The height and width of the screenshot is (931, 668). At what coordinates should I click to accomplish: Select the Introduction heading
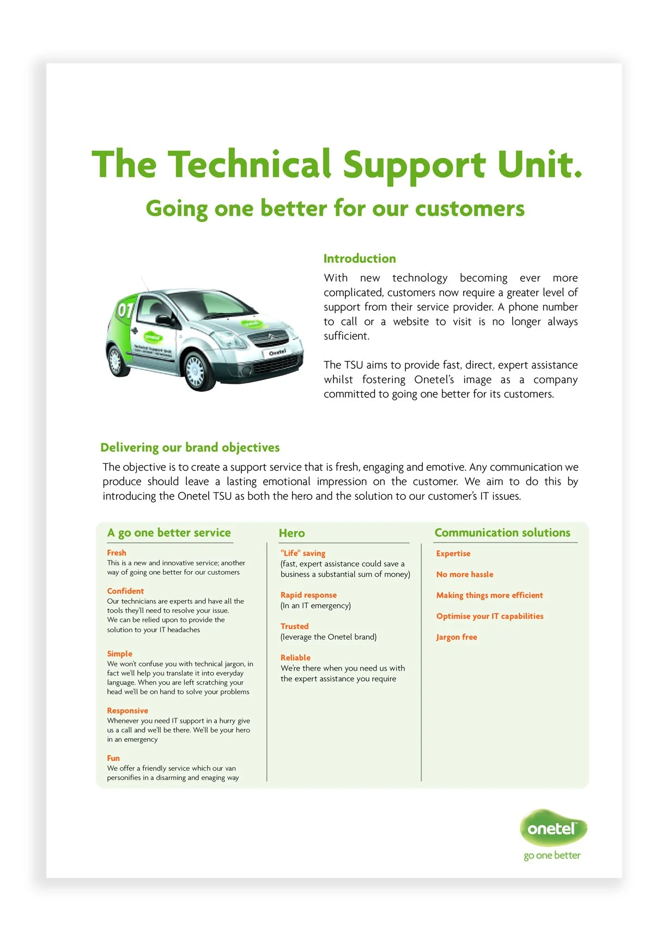pyautogui.click(x=360, y=259)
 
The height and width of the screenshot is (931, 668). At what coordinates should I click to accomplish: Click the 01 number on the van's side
pyautogui.click(x=125, y=310)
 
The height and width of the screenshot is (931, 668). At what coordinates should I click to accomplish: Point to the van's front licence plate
pyautogui.click(x=277, y=353)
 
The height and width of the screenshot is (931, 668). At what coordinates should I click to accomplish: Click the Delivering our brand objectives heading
pyautogui.click(x=190, y=448)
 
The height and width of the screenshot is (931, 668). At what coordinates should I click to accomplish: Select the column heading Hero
pyautogui.click(x=292, y=533)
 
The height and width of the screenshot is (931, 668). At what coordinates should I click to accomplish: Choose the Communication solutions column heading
pyautogui.click(x=502, y=533)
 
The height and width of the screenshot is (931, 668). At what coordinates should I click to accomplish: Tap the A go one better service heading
pyautogui.click(x=169, y=533)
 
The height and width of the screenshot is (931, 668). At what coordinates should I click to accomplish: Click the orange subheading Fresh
pyautogui.click(x=117, y=553)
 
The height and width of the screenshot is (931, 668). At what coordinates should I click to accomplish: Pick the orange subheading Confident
pyautogui.click(x=125, y=591)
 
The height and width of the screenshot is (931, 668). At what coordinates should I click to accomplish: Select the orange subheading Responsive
pyautogui.click(x=127, y=711)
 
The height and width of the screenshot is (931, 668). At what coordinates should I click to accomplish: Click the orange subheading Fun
pyautogui.click(x=113, y=758)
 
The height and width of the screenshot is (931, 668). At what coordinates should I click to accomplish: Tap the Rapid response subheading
pyautogui.click(x=308, y=595)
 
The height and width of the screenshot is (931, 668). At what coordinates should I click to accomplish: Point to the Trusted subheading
pyautogui.click(x=294, y=626)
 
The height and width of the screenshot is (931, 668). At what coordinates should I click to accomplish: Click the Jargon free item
pyautogui.click(x=457, y=637)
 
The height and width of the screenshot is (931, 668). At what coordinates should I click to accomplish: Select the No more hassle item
pyautogui.click(x=465, y=575)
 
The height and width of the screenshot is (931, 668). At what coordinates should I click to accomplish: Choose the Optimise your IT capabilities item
pyautogui.click(x=490, y=616)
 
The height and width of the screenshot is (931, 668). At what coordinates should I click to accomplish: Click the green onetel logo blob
pyautogui.click(x=552, y=829)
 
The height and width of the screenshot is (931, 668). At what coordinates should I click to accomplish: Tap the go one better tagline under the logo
pyautogui.click(x=552, y=856)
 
